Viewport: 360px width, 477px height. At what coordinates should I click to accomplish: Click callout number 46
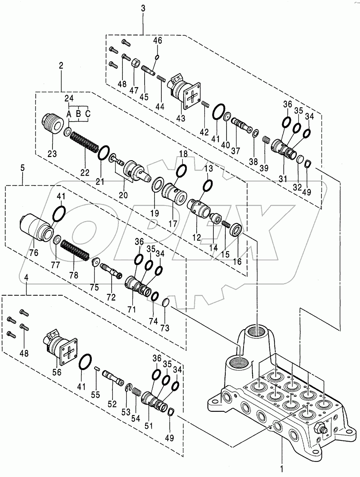(x=158, y=40)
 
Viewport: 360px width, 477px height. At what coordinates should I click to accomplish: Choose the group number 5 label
(x=22, y=168)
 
